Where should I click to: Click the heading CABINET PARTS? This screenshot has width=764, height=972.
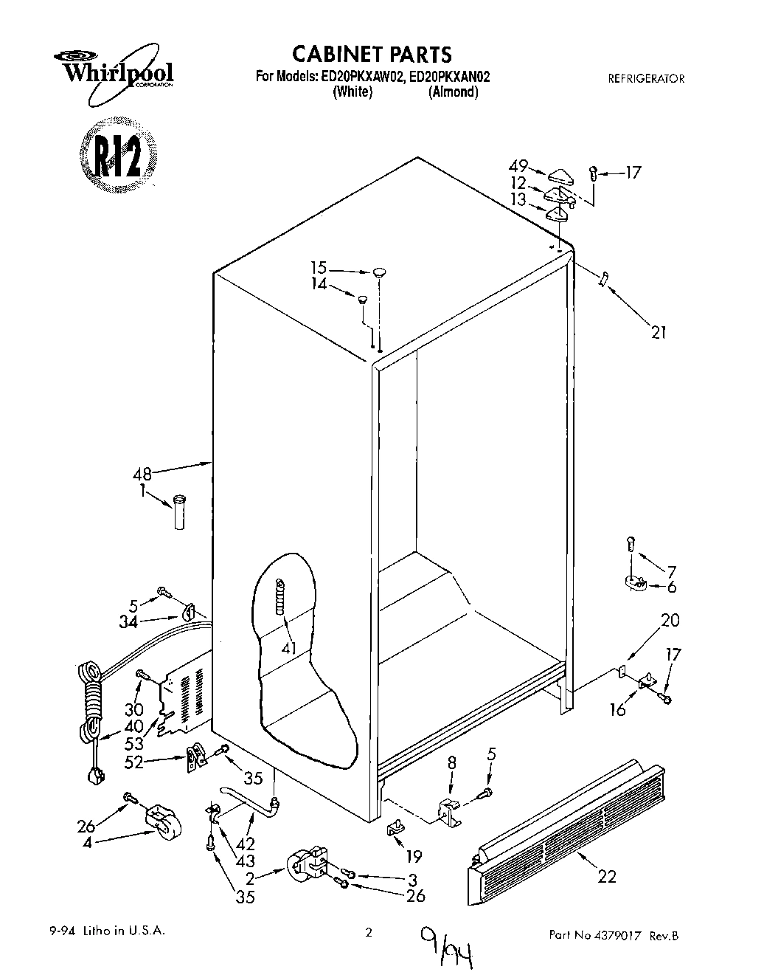[372, 54]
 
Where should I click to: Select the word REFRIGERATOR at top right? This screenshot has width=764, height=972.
[645, 78]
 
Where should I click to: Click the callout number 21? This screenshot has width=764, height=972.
[658, 333]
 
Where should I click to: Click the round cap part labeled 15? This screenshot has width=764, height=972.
[379, 273]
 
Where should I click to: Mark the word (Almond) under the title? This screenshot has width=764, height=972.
[453, 92]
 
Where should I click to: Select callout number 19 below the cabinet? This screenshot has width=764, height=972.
[414, 856]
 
